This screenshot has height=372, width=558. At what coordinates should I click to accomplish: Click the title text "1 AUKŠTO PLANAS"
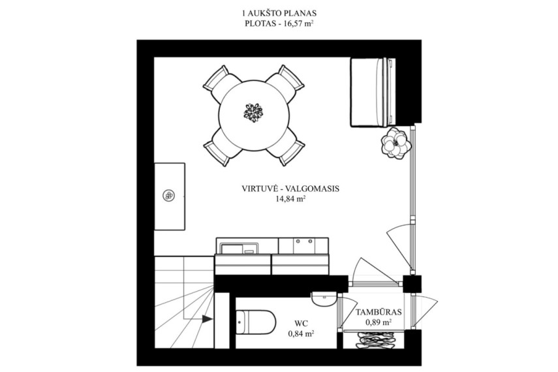click(279, 14)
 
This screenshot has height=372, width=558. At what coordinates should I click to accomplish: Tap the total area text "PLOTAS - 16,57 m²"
click(279, 24)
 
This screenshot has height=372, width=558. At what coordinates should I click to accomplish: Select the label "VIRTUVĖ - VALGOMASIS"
click(290, 189)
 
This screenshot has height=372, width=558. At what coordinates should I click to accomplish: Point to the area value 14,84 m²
click(290, 199)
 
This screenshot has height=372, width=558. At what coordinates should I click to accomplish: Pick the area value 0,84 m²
click(301, 334)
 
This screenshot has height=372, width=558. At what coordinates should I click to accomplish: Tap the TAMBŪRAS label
click(379, 313)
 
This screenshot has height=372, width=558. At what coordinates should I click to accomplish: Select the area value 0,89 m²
click(379, 323)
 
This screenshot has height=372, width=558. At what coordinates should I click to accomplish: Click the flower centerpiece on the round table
click(253, 112)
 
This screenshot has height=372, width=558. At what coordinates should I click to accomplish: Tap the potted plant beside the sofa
click(395, 143)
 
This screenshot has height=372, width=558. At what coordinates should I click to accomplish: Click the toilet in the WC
click(256, 322)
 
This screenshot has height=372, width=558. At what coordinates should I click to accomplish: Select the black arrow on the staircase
click(208, 318)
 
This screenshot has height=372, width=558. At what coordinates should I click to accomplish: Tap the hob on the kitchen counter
click(303, 245)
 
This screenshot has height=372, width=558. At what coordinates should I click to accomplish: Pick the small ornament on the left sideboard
click(168, 195)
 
